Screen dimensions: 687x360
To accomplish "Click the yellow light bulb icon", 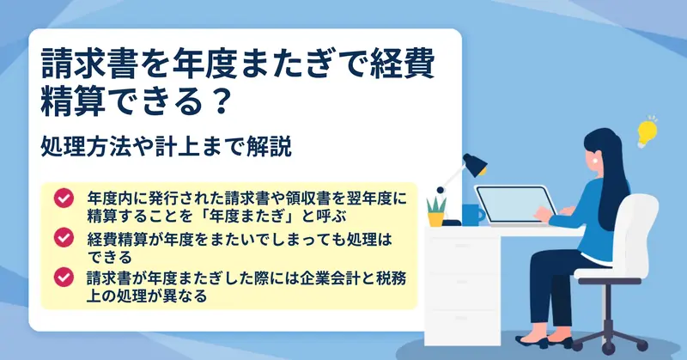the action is [647, 132].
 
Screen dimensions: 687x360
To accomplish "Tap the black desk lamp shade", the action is [476, 164].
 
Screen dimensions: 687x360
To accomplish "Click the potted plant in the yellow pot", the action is [436, 211].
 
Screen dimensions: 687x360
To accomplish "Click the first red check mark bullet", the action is [64, 198].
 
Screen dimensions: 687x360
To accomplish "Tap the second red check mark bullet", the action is [64, 237].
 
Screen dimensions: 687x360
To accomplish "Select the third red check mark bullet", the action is [64, 278].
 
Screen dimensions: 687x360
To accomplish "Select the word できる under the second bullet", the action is [110, 257].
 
